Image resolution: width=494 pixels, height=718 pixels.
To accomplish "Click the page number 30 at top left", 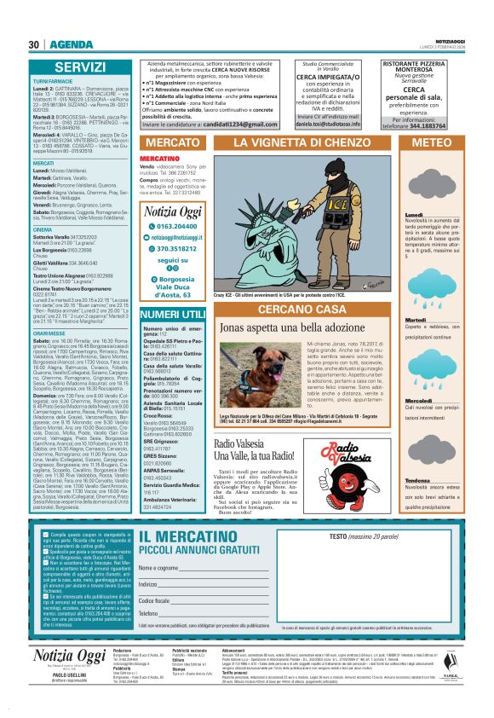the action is point(34,44).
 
